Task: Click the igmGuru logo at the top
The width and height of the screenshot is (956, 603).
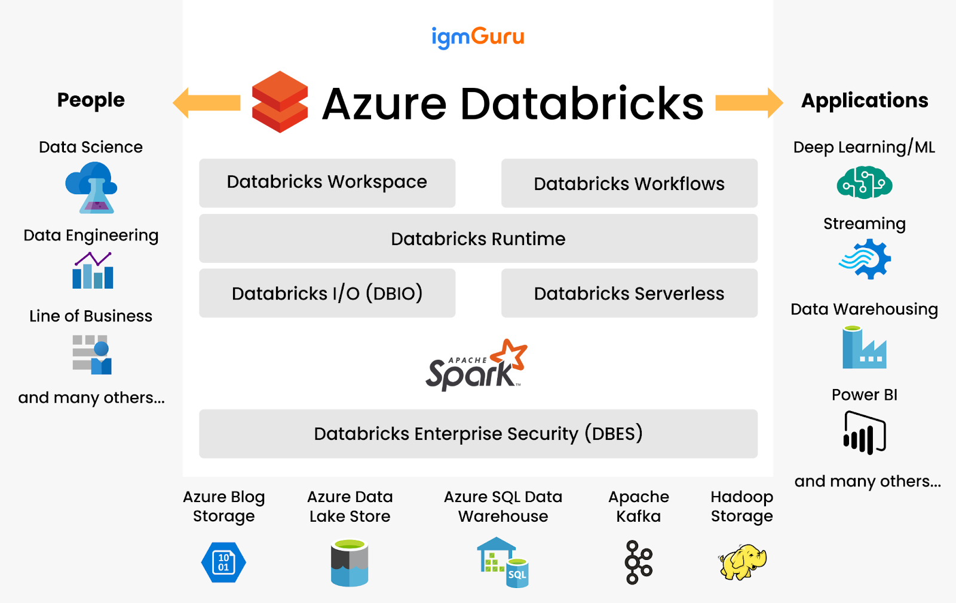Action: tap(478, 37)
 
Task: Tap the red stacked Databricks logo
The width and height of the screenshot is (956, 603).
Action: tap(280, 102)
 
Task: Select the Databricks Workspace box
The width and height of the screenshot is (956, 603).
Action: tap(327, 183)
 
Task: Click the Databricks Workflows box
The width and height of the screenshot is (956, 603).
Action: tap(629, 183)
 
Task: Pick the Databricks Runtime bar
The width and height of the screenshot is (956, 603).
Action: tap(478, 238)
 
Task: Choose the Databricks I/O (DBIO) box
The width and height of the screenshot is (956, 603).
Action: tap(327, 293)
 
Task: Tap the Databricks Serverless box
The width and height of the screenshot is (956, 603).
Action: tap(629, 293)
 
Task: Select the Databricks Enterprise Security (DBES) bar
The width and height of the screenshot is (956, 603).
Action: tap(478, 434)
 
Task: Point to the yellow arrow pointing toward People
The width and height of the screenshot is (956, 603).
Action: tap(207, 103)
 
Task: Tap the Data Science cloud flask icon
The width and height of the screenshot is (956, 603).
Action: tap(91, 188)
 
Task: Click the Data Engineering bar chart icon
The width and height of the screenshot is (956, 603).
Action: tap(93, 271)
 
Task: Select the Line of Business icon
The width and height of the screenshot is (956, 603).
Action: tap(92, 354)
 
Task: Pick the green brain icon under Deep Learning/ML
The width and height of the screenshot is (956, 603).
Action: tap(864, 183)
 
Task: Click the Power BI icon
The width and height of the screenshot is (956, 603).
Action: tap(864, 433)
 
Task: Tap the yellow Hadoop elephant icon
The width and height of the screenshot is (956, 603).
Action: tap(742, 562)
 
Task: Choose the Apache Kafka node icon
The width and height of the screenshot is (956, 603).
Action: tap(638, 562)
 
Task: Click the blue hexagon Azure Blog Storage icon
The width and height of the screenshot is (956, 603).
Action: tap(223, 562)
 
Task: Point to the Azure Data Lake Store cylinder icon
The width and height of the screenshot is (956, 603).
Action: tap(350, 562)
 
